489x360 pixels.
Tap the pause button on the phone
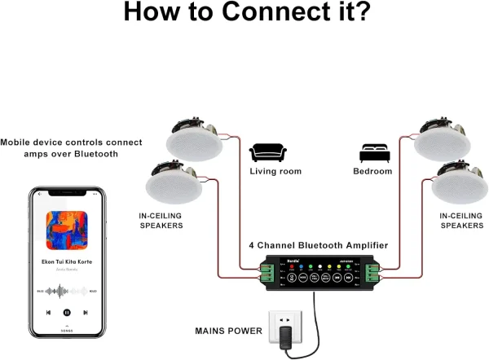pos(67,312)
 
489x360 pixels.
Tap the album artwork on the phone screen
pos(67,230)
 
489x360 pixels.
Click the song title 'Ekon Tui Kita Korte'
pos(67,262)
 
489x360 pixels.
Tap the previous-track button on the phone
pos(48,312)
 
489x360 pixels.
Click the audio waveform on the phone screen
pos(67,290)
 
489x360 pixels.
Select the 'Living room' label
pos(275,172)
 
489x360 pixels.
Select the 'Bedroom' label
pos(372,172)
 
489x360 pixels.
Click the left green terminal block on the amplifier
pos(266,273)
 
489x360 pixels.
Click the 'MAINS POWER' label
pos(228,331)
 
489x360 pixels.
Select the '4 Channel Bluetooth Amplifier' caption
pos(318,245)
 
